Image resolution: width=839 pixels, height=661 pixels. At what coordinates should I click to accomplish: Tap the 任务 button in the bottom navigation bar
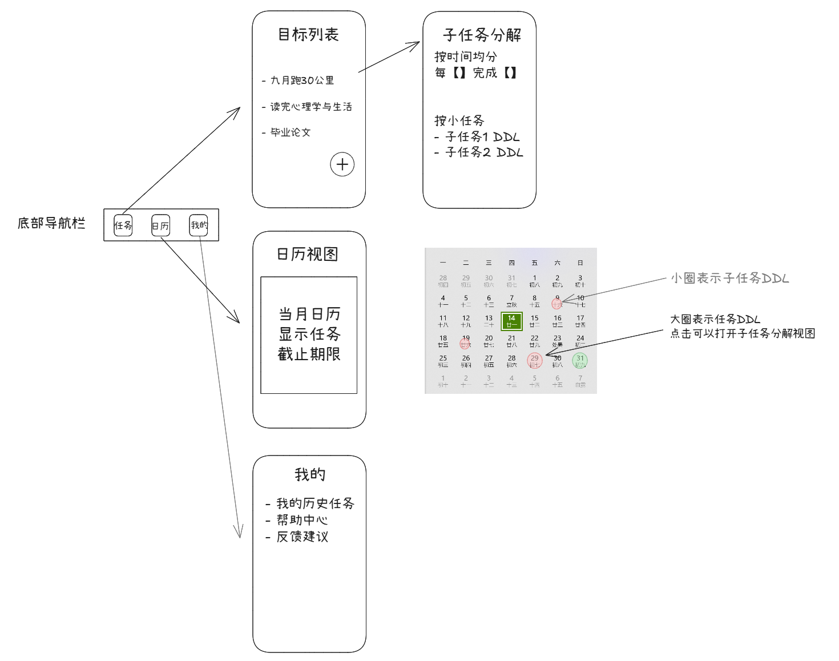tap(123, 225)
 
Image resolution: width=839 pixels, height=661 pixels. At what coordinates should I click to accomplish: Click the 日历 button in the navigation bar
tap(160, 225)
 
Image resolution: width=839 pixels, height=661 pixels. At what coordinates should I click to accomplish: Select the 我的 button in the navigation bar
tap(199, 225)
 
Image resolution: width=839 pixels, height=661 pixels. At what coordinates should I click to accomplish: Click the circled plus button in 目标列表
tap(342, 164)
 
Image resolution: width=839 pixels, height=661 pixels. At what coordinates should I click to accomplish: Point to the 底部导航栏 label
tap(51, 223)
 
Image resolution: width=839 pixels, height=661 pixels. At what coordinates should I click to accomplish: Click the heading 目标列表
tap(308, 35)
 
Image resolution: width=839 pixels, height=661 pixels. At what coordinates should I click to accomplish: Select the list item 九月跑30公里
tap(301, 80)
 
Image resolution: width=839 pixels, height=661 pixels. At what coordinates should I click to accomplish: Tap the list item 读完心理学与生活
tap(310, 107)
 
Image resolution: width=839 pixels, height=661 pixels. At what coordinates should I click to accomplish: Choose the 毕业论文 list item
tap(290, 132)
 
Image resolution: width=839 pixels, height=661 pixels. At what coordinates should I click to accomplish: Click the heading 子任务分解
tap(482, 35)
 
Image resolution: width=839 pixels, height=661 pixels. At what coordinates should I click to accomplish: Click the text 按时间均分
tap(466, 57)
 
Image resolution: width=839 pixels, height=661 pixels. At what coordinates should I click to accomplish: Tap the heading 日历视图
tap(308, 254)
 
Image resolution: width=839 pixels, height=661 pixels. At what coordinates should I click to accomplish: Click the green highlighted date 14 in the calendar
tap(511, 321)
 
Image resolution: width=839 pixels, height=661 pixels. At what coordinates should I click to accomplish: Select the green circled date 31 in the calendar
tap(580, 361)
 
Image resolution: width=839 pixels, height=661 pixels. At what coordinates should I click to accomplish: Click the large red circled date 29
tap(534, 361)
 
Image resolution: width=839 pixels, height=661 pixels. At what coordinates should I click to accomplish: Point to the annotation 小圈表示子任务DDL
tap(729, 278)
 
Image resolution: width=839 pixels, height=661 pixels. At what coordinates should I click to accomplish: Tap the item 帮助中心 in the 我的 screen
tap(302, 520)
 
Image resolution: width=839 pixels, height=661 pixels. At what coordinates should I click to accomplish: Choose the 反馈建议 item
tap(302, 537)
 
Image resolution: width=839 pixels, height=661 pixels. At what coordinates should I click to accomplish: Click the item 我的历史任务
tap(315, 503)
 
